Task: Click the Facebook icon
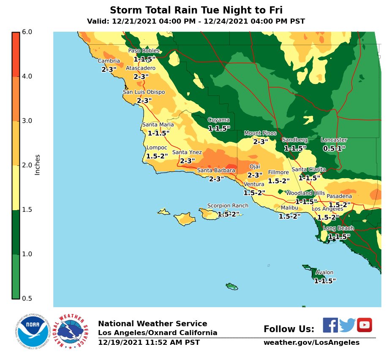[330, 325]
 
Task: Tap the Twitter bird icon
[347, 325]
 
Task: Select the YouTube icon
[364, 325]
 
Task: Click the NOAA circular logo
[33, 330]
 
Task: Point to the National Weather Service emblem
[72, 331]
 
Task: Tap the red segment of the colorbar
[16, 54]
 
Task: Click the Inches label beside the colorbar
[38, 165]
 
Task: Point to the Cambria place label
[109, 61]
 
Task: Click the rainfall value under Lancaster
[334, 149]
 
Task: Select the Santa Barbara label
[216, 171]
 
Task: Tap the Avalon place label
[324, 273]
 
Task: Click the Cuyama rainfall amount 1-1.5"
[219, 128]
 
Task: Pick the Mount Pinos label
[260, 133]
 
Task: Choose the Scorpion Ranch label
[228, 206]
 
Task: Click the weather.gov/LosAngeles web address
[311, 343]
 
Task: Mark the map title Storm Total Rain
[196, 10]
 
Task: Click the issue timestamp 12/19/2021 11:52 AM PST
[149, 343]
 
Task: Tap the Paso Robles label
[144, 51]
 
